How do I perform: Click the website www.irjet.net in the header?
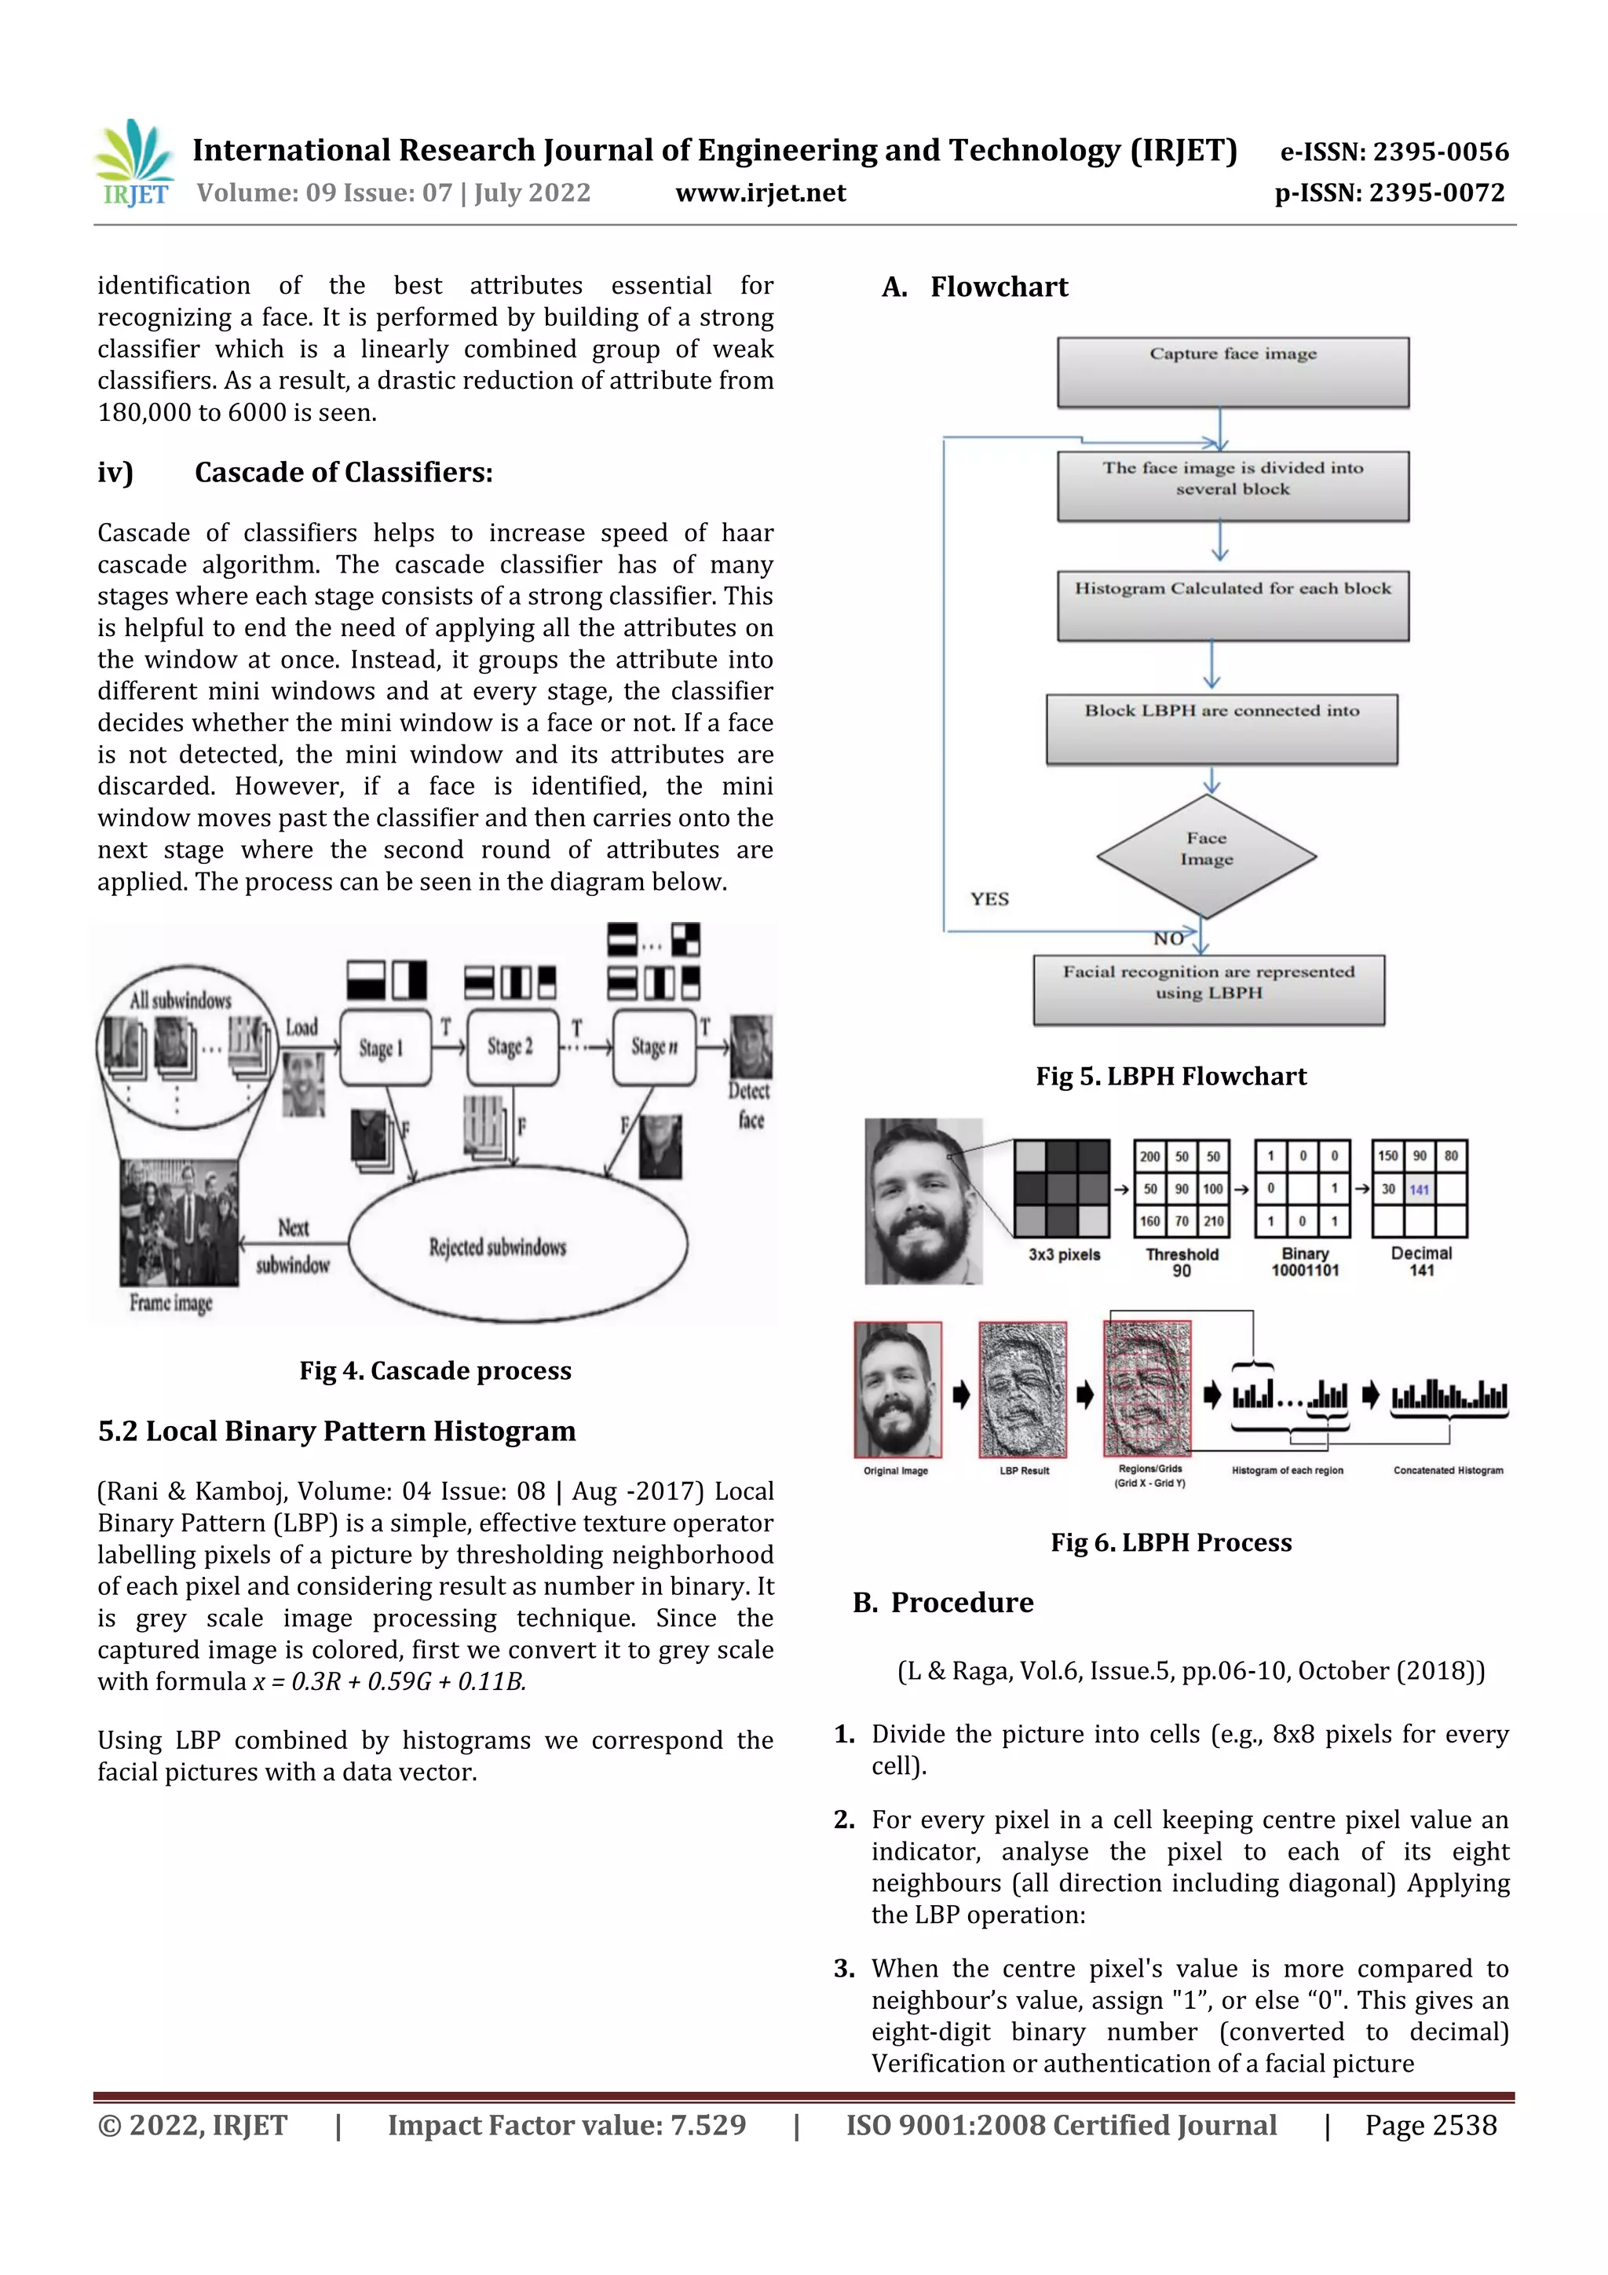point(760,193)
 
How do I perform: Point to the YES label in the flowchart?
point(989,898)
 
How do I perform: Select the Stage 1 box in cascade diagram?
point(385,1048)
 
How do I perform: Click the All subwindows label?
point(181,1000)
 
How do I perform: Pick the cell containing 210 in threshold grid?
point(1214,1222)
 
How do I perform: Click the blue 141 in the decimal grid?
point(1419,1190)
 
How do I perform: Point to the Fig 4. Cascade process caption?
point(435,1370)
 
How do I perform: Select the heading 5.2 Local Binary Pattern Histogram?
point(336,1431)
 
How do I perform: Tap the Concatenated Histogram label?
point(1448,1470)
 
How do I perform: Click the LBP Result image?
point(1022,1389)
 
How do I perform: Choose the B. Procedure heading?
point(942,1602)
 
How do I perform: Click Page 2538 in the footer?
point(1430,2125)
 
